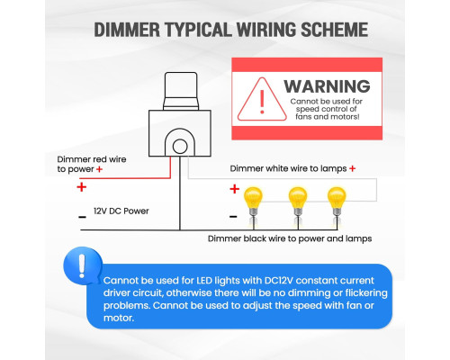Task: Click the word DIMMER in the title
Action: (x=127, y=30)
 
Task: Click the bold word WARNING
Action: (x=327, y=86)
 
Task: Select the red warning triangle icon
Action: (x=262, y=99)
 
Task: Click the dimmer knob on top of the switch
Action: (x=181, y=91)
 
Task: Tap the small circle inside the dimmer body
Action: (x=180, y=147)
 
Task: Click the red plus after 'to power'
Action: (x=99, y=169)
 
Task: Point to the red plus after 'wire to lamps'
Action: (x=353, y=168)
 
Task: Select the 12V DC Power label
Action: (x=121, y=211)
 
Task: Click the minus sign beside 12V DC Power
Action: (x=82, y=217)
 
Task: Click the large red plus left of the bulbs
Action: (x=235, y=189)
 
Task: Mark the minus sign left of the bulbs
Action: (x=233, y=216)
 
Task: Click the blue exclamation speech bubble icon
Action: (x=82, y=265)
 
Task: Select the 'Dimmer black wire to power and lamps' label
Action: (x=290, y=238)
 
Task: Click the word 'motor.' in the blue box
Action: (x=119, y=318)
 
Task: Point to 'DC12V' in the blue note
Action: (x=279, y=281)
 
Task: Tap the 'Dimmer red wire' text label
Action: (x=92, y=159)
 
